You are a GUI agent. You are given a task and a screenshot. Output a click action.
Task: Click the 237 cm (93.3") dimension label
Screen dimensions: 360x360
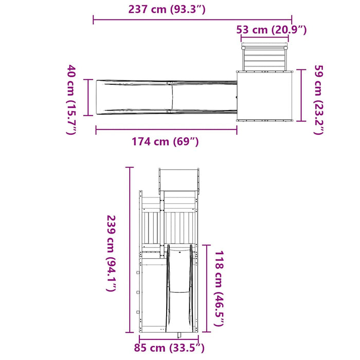click(167, 9)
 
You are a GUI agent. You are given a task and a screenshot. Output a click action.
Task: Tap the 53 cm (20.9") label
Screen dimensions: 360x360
click(272, 30)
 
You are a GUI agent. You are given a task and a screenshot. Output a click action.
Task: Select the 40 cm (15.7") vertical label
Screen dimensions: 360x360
click(71, 99)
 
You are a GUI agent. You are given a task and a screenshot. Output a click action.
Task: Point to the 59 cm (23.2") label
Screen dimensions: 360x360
click(319, 99)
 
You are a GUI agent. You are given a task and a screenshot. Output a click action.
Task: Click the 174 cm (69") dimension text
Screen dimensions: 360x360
click(165, 141)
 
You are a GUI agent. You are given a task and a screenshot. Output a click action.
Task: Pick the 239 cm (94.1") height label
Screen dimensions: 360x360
click(112, 253)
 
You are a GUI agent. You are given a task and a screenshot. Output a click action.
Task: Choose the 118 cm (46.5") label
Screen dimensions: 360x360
click(219, 288)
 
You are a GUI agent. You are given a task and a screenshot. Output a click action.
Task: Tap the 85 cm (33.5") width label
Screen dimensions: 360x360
click(169, 348)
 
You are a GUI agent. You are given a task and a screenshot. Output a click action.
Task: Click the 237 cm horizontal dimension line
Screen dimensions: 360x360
click(192, 20)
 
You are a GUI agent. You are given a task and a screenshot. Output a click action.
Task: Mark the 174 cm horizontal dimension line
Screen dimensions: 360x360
click(167, 130)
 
